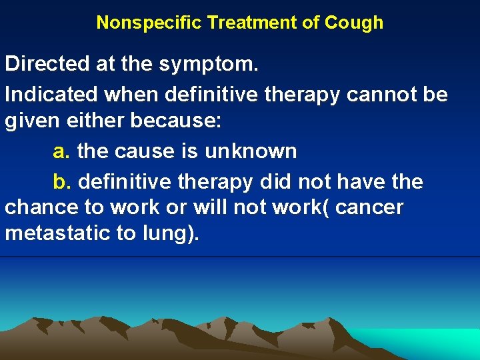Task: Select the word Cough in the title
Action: (x=354, y=23)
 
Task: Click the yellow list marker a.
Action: (x=61, y=152)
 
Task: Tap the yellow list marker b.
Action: (x=61, y=181)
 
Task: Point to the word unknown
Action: (x=250, y=151)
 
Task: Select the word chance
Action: (x=41, y=207)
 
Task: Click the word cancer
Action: (x=369, y=207)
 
